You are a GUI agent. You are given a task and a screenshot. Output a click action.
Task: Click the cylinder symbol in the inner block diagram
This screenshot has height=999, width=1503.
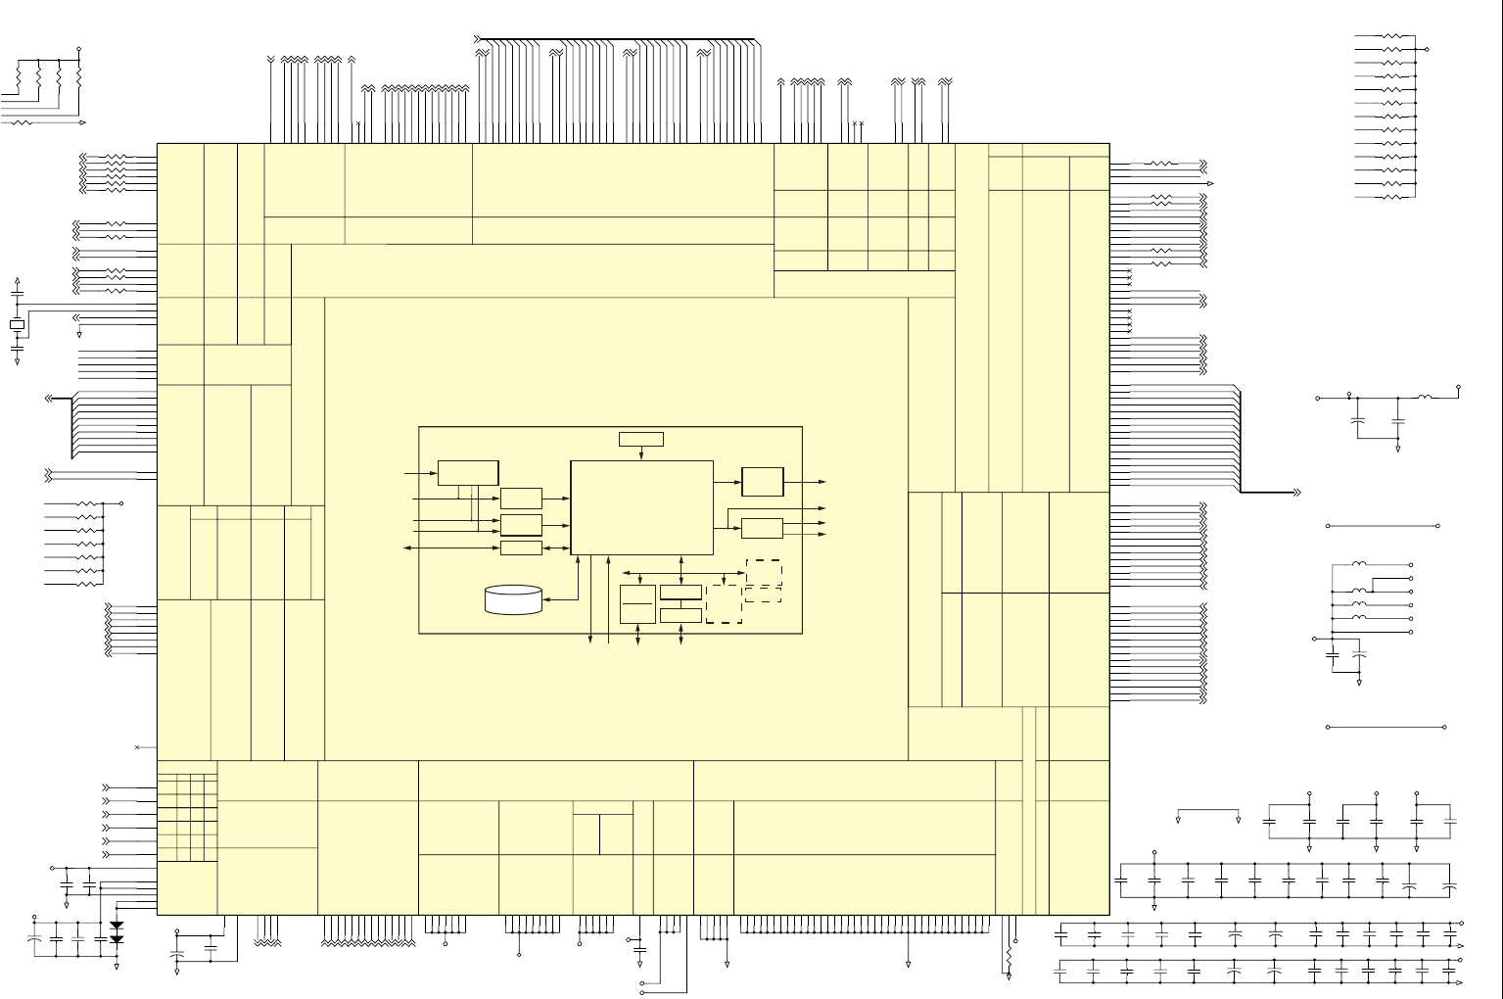pos(514,599)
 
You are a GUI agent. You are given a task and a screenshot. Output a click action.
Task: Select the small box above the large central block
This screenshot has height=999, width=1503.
pos(641,439)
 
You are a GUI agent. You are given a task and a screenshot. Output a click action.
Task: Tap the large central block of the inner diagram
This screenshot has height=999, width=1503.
pos(641,507)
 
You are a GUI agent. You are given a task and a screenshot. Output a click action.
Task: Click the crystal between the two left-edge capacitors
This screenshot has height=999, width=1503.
pos(17,324)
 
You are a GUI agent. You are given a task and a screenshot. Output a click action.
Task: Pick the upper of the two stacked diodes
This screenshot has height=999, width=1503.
pos(117,925)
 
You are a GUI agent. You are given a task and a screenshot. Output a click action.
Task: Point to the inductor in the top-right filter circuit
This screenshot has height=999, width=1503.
pos(1426,398)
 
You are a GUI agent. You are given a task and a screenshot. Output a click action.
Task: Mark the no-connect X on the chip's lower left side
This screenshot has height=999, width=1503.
pos(137,748)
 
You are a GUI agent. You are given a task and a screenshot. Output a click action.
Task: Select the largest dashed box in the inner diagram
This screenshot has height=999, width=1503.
pos(724,603)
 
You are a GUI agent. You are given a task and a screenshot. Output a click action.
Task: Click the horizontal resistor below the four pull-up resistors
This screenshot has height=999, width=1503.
pos(22,123)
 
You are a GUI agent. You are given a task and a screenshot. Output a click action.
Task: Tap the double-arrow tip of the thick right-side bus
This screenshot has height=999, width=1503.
pos(1296,492)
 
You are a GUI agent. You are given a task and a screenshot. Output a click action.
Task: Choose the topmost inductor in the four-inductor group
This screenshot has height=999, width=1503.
pos(1359,565)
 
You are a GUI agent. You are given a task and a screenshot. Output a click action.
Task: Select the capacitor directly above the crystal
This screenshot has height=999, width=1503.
pos(17,294)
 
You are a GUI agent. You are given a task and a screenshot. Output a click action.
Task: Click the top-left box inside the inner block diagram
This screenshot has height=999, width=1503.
pos(468,472)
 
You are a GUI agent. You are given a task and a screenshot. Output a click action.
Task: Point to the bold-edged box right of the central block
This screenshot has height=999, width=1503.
pos(763,482)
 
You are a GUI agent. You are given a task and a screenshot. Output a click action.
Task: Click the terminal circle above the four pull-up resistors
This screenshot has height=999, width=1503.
pos(78,49)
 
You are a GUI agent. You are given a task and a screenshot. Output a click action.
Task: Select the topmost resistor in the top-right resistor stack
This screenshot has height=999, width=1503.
pos(1392,36)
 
